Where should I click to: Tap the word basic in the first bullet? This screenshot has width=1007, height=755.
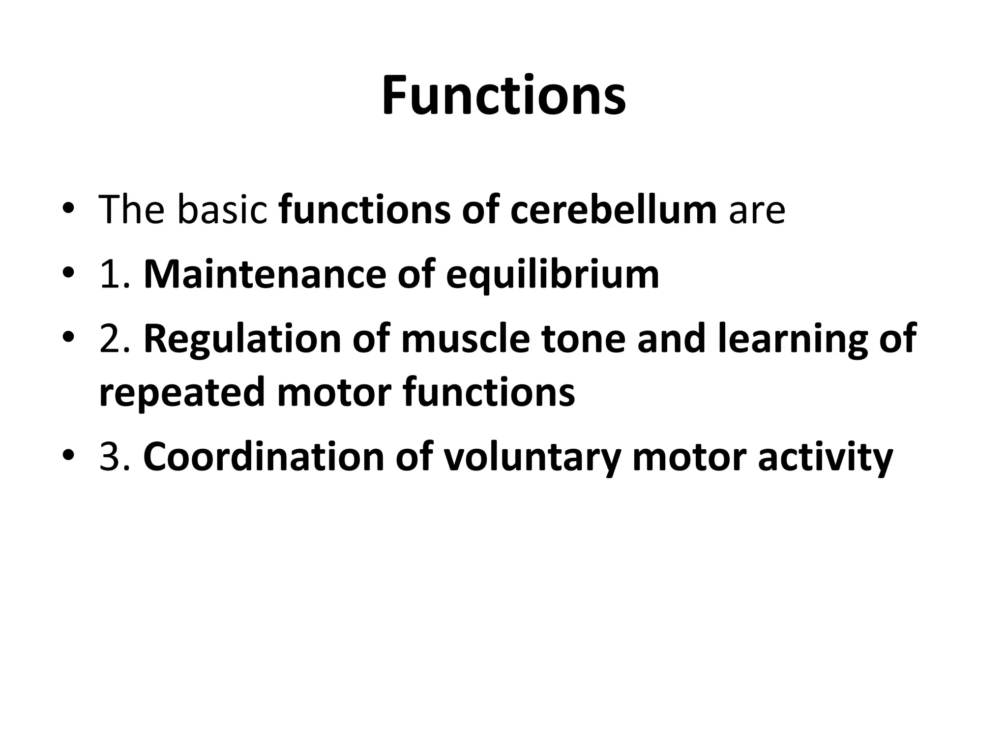[x=221, y=210]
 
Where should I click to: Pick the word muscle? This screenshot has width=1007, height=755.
[x=465, y=339]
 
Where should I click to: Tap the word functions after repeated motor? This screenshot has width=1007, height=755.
[x=489, y=392]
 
